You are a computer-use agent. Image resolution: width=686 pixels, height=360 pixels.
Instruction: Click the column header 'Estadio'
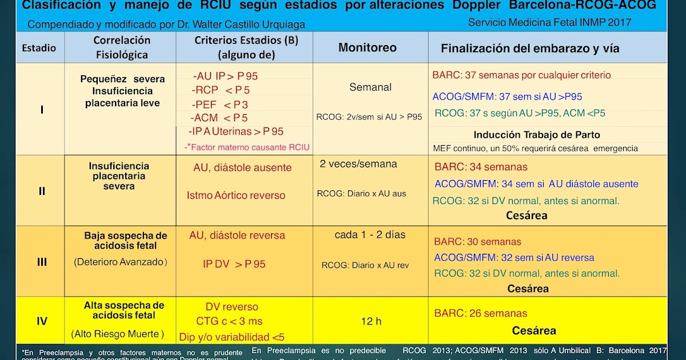coord(39,48)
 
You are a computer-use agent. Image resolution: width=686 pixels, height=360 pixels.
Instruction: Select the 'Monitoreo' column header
coord(367,47)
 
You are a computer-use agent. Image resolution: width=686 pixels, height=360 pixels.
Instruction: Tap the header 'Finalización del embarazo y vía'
coord(530,49)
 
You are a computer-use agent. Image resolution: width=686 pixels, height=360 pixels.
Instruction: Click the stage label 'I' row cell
coord(42,109)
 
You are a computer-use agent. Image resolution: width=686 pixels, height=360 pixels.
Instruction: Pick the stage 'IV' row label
coord(42,321)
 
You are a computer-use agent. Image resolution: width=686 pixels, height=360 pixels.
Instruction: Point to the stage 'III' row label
coord(42,262)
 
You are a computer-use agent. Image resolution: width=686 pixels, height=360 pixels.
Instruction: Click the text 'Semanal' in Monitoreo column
coord(370,87)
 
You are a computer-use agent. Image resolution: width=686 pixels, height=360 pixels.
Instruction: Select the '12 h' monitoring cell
coord(371,321)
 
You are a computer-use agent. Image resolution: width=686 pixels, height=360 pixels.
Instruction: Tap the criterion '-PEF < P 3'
coord(220,105)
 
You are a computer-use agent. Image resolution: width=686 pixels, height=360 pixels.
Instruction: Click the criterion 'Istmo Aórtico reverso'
coord(236,195)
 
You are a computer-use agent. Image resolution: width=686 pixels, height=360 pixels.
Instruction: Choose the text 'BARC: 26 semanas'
coord(481,313)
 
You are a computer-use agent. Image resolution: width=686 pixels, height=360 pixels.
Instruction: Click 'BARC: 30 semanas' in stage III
coord(477,242)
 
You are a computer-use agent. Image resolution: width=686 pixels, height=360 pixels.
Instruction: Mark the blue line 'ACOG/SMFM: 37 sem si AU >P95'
coord(507,97)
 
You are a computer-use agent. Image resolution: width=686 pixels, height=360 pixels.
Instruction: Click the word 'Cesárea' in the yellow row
coord(533,330)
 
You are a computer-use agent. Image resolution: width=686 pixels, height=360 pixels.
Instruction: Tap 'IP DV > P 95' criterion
coord(234,264)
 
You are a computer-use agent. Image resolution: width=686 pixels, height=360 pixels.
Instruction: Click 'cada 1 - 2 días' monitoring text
coord(370,235)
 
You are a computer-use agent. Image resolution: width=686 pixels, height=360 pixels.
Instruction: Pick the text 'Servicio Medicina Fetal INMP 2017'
coord(549,22)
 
